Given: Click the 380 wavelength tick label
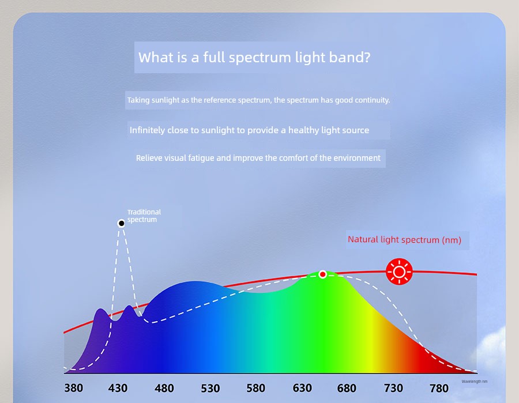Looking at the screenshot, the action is (x=73, y=388).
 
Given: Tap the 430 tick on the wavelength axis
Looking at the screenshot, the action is (x=118, y=388).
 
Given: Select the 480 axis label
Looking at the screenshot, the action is (x=164, y=388).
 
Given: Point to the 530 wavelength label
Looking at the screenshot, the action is (x=210, y=388).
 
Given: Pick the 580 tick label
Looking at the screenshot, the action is (x=256, y=388).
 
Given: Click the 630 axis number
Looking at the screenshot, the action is (x=302, y=388).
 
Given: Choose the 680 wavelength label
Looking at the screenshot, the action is (x=347, y=388).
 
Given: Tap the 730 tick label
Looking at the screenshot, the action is (x=393, y=388).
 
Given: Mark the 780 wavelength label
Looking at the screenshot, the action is (x=439, y=388).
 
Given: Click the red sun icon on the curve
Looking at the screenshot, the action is (x=399, y=272).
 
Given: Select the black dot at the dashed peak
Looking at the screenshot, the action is (x=121, y=223).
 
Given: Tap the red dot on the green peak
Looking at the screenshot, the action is (x=323, y=274).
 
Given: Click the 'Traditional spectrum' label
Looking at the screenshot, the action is (x=144, y=216).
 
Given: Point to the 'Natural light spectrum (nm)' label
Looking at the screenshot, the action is (x=404, y=239).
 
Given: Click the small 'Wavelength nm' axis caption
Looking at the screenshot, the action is (x=475, y=382).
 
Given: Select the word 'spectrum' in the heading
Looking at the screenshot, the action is (x=260, y=58).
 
